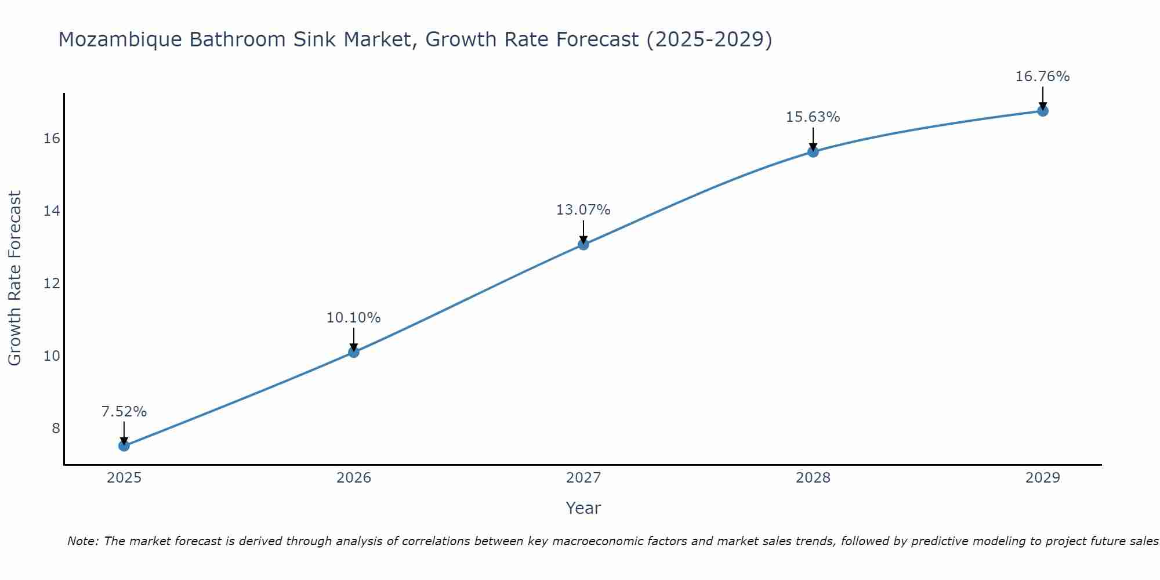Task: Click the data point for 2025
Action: [x=124, y=445]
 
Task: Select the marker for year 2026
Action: [x=354, y=351]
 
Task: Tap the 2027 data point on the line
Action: [x=583, y=244]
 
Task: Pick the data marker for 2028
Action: [x=813, y=151]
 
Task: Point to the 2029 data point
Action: [x=1042, y=111]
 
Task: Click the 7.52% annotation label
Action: [x=124, y=412]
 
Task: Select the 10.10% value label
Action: [x=353, y=318]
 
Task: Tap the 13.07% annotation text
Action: [x=583, y=210]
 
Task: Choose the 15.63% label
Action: [x=813, y=117]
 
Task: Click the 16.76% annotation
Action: [x=1042, y=77]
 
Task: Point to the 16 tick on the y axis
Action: [x=52, y=138]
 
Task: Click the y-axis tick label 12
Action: [x=52, y=283]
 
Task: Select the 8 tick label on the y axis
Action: [x=56, y=428]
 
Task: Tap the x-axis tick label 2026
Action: [x=354, y=478]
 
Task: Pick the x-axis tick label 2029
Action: [x=1042, y=478]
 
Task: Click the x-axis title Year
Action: [x=583, y=508]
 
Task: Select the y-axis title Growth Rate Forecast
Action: [x=14, y=278]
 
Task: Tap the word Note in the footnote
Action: [x=83, y=541]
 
